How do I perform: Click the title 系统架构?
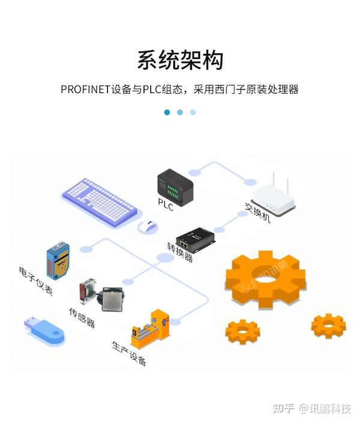point(180,61)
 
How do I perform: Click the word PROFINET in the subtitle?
point(85,89)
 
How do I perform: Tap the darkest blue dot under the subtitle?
point(167,112)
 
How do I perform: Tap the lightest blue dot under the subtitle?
point(193,112)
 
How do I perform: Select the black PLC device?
point(175,185)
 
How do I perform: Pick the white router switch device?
point(274,199)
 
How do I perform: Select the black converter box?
point(196,239)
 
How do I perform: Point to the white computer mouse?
point(147,228)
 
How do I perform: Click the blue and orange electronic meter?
point(58,260)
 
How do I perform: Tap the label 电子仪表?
point(36,280)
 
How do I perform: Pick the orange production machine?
point(150,330)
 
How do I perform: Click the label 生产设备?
point(129,353)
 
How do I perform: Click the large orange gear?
point(265,278)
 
